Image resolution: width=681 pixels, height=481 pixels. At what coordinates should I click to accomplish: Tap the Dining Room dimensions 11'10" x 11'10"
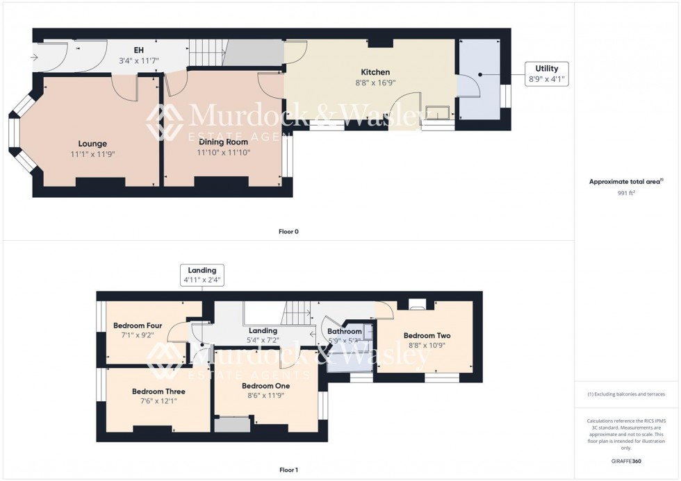[223, 152]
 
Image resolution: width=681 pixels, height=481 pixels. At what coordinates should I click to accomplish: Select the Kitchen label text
[375, 72]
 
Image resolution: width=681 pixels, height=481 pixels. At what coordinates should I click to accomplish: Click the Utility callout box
[546, 74]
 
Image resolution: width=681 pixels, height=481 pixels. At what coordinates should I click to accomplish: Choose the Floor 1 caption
[288, 470]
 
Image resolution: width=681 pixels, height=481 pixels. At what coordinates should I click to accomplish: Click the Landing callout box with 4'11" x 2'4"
[202, 275]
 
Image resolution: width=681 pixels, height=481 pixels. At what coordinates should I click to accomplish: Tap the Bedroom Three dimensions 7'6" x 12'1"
[158, 401]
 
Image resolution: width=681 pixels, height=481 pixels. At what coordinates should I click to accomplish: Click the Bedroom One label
[265, 385]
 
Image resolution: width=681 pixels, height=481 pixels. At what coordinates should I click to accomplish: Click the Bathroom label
[344, 332]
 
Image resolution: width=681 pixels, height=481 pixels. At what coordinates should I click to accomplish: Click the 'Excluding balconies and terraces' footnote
[626, 394]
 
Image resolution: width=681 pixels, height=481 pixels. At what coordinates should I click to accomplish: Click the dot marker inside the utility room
[479, 74]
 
